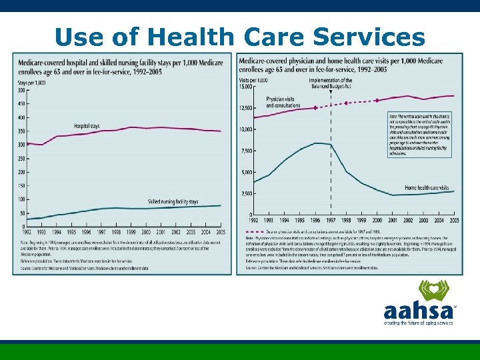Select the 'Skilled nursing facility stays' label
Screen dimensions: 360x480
(x=173, y=201)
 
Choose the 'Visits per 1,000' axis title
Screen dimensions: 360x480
(x=253, y=80)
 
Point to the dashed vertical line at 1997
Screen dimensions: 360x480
(x=331, y=167)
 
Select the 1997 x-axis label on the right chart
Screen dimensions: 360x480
(x=331, y=220)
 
